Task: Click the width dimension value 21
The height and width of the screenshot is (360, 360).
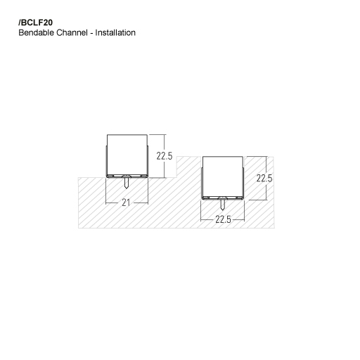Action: coord(127,202)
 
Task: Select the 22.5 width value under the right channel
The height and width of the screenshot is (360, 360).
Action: coord(223,219)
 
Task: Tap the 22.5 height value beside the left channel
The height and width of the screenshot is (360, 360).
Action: coord(165,155)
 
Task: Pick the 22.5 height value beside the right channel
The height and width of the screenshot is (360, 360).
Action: coord(264,178)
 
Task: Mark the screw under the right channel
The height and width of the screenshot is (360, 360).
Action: coord(223,205)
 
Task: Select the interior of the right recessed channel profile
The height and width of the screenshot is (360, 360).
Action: coord(223,177)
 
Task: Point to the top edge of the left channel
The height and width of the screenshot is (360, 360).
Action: coord(126,134)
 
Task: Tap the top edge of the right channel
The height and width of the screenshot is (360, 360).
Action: coord(223,157)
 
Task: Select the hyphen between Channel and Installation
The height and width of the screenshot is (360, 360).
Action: coord(93,33)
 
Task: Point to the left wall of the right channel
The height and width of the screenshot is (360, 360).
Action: coord(203,177)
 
